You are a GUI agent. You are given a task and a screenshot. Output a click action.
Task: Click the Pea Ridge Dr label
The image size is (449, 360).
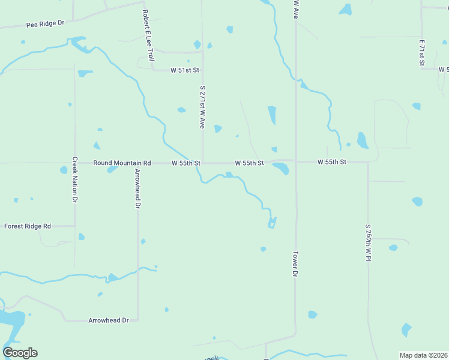point(45,23)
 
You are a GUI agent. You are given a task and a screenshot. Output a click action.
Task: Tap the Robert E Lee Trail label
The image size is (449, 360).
point(148,35)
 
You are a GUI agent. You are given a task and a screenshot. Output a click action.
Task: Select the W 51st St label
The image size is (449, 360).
point(184,70)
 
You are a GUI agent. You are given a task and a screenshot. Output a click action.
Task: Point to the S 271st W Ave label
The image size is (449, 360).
point(202,107)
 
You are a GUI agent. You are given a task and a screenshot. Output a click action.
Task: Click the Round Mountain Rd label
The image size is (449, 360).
point(122,163)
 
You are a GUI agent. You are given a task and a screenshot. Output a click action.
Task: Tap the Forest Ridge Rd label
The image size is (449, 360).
point(28,226)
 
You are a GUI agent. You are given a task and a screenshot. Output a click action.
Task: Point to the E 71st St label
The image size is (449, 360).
point(422,53)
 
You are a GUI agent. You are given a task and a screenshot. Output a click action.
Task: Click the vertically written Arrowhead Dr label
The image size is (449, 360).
point(137,188)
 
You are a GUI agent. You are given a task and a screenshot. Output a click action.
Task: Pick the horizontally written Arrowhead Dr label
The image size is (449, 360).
point(109,320)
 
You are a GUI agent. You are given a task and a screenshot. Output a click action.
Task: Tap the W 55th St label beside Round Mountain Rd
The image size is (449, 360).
point(185,163)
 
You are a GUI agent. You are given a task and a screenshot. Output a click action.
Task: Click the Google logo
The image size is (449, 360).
point(20,353)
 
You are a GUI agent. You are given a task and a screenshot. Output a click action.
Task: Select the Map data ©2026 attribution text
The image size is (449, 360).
point(423,355)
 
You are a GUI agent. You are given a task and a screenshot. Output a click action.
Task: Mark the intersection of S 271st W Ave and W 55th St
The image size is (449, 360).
point(202,163)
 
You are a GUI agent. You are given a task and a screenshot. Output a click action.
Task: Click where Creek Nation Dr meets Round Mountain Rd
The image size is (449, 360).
point(75,163)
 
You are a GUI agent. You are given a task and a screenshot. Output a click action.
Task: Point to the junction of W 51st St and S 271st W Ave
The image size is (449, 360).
point(202,70)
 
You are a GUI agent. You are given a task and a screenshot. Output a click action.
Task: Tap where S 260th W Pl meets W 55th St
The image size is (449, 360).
point(368,161)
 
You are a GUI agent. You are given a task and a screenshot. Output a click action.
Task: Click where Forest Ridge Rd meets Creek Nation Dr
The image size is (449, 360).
point(75,226)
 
